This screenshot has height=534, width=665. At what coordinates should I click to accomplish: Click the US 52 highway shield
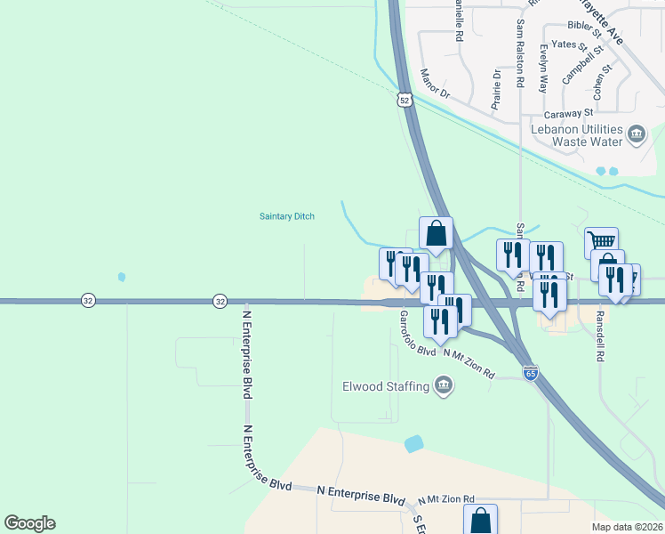pos(405,101)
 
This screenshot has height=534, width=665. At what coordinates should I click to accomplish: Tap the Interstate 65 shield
pos(530,373)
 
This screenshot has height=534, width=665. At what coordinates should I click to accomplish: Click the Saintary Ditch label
pos(286,215)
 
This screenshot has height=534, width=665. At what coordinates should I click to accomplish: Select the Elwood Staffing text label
pos(386,386)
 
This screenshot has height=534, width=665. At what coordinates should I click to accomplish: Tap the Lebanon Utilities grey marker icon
pos(637,134)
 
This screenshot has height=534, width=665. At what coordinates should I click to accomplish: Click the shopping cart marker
pos(602,240)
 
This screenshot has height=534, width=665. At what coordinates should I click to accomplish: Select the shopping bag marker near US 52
pos(436,234)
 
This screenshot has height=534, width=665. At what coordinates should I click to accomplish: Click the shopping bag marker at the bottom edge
pos(480,519)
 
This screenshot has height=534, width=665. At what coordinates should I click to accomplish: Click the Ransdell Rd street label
pos(600,334)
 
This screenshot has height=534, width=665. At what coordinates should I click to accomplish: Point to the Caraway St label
pos(569,114)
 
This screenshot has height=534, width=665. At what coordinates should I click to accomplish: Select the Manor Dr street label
pos(436,85)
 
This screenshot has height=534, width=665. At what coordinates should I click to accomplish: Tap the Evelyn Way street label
pos(542,69)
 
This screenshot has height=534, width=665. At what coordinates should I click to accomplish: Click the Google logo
pos(29,523)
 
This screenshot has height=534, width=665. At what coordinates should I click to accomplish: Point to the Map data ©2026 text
pos(626,527)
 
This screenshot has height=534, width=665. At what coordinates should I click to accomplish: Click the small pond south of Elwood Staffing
pos(413,443)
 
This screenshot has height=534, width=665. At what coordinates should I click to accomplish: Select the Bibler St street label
pos(584,26)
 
